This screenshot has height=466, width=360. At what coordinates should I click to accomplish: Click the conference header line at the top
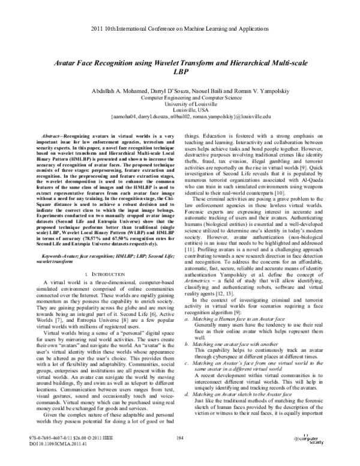click(180, 13)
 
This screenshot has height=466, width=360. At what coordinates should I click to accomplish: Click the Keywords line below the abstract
click(96, 258)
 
